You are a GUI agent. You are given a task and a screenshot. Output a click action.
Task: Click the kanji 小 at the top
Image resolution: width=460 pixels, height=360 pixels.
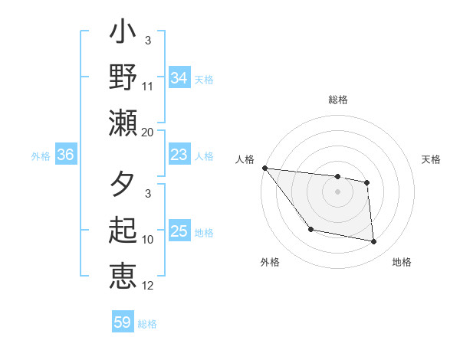[x=123, y=34]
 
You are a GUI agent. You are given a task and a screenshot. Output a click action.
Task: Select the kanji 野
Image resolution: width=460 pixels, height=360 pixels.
[x=123, y=78]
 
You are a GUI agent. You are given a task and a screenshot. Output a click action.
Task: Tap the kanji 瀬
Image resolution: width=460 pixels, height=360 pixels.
[x=123, y=122]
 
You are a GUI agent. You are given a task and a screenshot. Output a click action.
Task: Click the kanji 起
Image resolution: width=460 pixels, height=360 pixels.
[x=123, y=231]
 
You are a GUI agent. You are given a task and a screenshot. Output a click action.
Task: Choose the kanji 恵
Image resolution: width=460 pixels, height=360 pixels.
[x=123, y=275]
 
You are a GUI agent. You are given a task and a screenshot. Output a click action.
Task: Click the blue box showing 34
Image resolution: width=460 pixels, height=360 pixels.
[x=179, y=77]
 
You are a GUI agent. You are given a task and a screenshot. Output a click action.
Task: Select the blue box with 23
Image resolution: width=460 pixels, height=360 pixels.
[x=179, y=155]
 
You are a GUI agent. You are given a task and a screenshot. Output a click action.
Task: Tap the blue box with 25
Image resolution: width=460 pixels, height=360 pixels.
[x=179, y=231]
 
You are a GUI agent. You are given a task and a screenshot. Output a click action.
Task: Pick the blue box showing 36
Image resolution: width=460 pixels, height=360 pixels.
[x=66, y=155]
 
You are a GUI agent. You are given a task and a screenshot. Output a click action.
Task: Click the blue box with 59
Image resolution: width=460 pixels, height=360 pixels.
[x=123, y=322]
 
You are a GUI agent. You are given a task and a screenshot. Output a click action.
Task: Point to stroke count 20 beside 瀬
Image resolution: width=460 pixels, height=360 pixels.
[x=147, y=132]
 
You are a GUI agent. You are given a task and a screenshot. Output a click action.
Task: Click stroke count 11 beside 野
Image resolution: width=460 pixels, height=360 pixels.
[x=147, y=87]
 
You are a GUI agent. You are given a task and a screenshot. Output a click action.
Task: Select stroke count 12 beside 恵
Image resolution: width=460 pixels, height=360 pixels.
[x=147, y=286]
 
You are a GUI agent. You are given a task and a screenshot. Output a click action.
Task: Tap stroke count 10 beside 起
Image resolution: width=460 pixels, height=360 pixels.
[x=147, y=240]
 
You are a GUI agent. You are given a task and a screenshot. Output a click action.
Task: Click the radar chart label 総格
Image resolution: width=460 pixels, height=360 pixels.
[x=337, y=100]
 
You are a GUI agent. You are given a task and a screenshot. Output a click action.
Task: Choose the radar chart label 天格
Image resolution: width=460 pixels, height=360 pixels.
[x=431, y=159]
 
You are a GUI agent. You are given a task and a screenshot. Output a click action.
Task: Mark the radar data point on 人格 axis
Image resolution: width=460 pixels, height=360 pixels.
[x=264, y=168]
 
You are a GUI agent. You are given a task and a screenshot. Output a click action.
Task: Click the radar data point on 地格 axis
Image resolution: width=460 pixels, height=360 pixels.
[x=374, y=242]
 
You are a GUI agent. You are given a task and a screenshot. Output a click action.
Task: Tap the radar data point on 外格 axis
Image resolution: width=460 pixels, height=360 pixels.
[x=310, y=229]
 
